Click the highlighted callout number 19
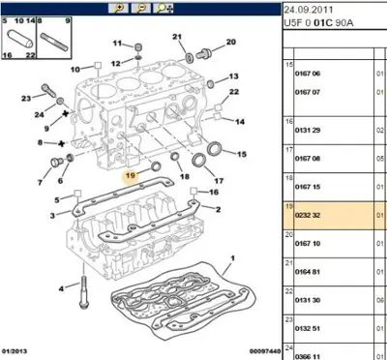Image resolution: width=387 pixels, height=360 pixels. point(130,176)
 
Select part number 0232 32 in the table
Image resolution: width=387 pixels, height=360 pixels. point(308,215)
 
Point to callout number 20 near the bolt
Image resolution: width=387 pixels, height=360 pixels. point(231,42)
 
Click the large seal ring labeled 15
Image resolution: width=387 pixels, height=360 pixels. point(214,148)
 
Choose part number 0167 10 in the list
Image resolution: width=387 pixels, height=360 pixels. point(308,244)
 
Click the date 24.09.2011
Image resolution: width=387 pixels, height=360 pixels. point(308,10)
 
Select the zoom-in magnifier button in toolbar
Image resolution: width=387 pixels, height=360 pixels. point(118,9)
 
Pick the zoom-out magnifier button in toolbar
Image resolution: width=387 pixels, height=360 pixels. point(141,9)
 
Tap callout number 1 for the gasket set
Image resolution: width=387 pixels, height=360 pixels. point(232,258)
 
